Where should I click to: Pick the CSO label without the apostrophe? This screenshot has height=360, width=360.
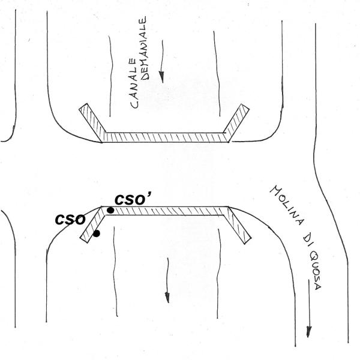pyautogui.click(x=68, y=219)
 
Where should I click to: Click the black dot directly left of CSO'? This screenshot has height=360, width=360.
pyautogui.click(x=110, y=211)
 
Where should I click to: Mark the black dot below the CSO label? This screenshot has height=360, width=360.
pyautogui.click(x=97, y=233)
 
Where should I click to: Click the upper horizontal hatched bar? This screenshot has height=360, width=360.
pyautogui.click(x=165, y=137)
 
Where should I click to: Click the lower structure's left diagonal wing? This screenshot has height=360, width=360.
pyautogui.click(x=95, y=226)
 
